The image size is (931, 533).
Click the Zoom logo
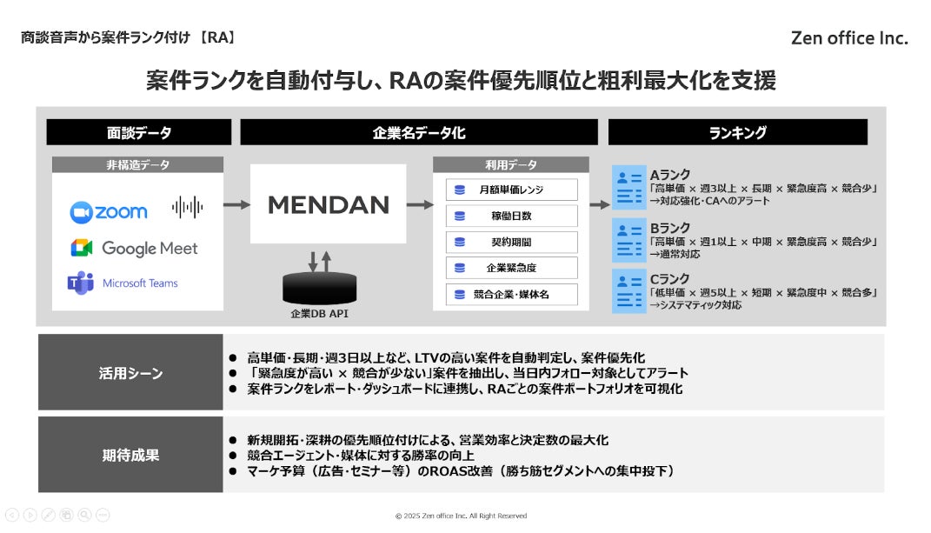[x=109, y=211]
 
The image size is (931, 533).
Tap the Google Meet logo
[x=135, y=248]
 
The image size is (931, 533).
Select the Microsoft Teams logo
[x=123, y=283]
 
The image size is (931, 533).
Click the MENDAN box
[x=328, y=205]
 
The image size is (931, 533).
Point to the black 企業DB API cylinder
[x=319, y=288]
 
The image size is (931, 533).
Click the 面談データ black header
[x=138, y=132]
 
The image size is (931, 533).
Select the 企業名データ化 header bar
[x=419, y=132]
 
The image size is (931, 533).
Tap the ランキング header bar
[x=737, y=132]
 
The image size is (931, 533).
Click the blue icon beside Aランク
[x=628, y=188]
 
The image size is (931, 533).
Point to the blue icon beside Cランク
[x=628, y=290]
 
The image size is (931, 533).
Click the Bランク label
[x=669, y=228]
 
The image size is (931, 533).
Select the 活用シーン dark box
[x=130, y=373]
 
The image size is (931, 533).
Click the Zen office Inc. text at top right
[x=849, y=38]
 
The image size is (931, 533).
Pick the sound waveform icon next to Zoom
[x=187, y=207]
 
